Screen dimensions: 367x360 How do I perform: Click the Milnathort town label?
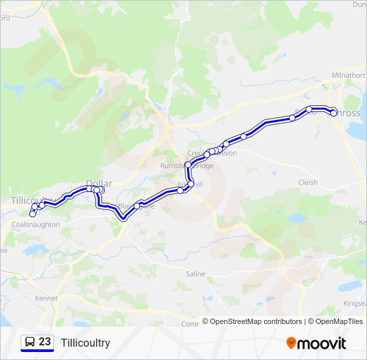[x=348, y=75]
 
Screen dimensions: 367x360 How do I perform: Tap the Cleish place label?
[x=308, y=182]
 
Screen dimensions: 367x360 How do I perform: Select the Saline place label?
[x=196, y=274]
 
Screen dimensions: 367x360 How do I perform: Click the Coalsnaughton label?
[x=36, y=225]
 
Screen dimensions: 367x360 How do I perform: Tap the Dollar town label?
[x=99, y=183]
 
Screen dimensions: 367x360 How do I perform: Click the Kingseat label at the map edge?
[x=354, y=303]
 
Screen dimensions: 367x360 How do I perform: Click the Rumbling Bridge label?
[x=187, y=165]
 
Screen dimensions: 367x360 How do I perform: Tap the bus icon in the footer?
[x=30, y=342]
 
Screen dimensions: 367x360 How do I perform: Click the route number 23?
[x=45, y=342]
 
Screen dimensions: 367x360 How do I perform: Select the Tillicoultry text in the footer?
[x=85, y=343]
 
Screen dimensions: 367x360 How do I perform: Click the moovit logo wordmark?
[x=322, y=343]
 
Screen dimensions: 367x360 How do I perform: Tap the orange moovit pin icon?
[x=291, y=343]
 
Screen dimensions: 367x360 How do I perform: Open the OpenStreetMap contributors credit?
[x=252, y=321]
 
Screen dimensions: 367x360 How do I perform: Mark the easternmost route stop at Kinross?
[x=334, y=113]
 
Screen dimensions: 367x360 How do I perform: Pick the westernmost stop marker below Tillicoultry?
[x=32, y=214]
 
